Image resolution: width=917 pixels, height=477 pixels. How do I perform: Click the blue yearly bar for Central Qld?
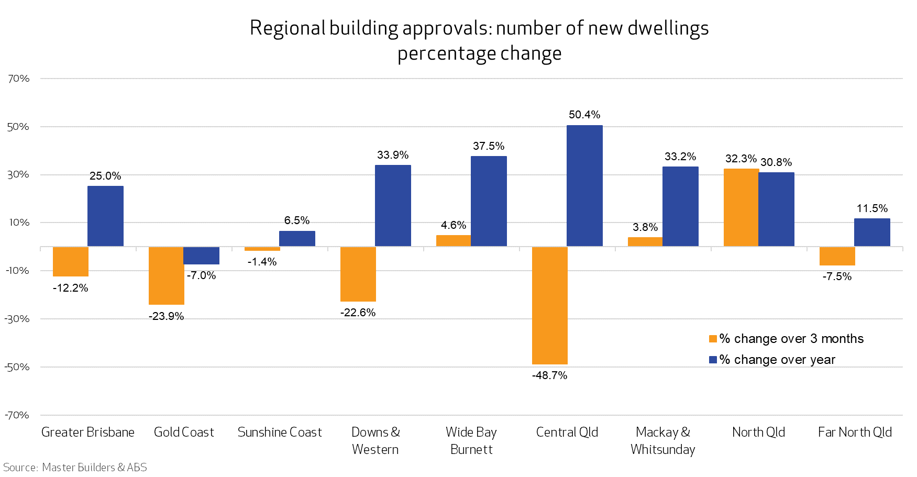coord(584,186)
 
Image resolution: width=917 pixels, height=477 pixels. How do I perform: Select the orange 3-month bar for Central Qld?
coord(549,305)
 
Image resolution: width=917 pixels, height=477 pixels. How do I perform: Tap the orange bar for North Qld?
coord(741,207)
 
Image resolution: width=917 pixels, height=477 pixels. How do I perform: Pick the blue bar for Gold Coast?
coord(201,256)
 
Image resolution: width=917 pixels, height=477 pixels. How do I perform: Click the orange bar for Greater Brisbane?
coord(71,261)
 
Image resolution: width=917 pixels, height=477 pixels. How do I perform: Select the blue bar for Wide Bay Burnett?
coord(489,201)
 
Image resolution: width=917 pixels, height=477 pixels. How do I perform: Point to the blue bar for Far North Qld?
coord(872,232)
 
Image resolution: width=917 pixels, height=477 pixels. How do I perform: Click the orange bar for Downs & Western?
coord(358,274)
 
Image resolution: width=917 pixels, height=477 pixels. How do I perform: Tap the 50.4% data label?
coord(584,115)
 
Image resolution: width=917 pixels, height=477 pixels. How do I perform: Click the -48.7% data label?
coord(549,375)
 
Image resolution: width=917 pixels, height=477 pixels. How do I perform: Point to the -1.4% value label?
coord(262,262)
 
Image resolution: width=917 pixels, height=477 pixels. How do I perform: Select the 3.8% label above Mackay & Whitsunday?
coord(645,227)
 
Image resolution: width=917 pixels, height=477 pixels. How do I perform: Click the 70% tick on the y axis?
coord(19,79)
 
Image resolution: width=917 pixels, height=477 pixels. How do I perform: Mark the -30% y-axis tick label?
coord(17,319)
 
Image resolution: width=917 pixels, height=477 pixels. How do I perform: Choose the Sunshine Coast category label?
coord(280,432)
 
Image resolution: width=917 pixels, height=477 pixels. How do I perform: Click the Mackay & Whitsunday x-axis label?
coord(663,440)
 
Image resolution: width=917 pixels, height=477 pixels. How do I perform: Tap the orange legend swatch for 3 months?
coord(713,339)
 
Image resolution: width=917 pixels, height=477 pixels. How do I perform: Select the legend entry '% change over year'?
coord(777,360)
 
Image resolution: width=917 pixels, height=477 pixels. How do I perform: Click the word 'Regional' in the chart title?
coord(288,28)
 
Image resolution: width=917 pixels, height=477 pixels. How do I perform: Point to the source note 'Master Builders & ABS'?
coord(94,467)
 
